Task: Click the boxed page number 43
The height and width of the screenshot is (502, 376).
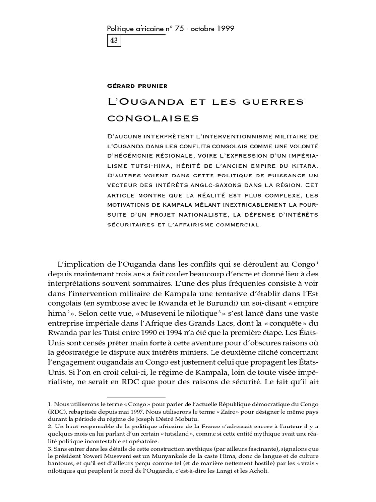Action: tap(114, 42)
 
